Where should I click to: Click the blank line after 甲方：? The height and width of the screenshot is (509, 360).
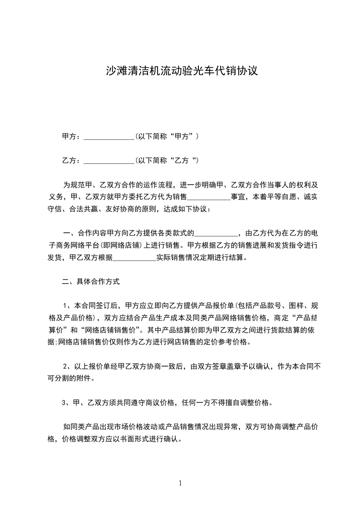109,137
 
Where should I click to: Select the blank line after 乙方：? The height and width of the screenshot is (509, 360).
109,161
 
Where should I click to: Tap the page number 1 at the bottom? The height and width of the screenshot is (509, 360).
180,483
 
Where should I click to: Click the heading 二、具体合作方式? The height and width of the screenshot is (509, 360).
91,282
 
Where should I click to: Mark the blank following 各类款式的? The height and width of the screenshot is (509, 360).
216,234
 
